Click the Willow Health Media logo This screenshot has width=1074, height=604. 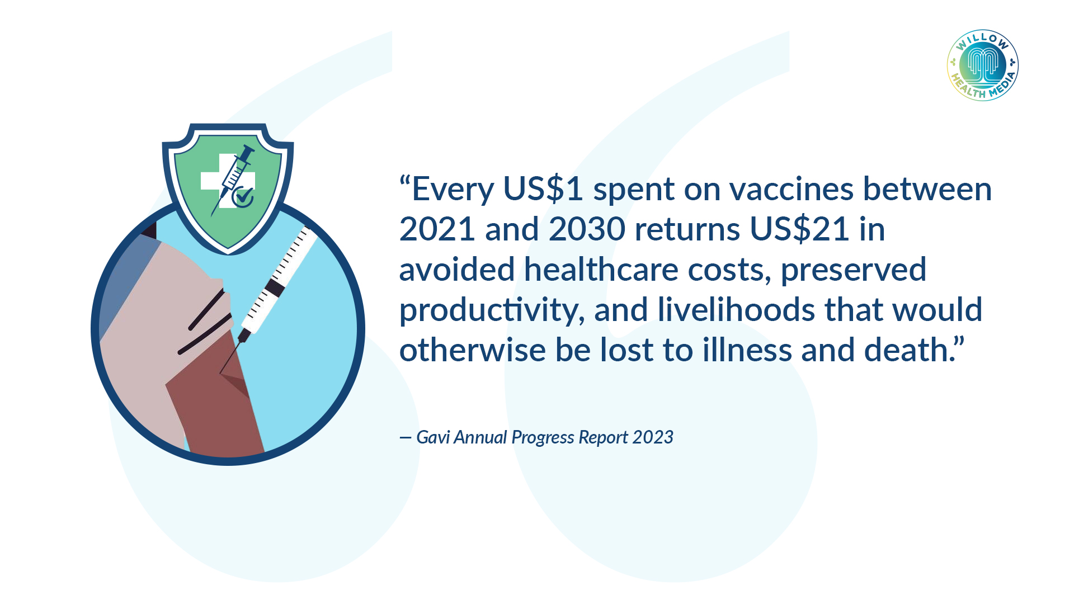(982, 65)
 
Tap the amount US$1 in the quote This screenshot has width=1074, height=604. (543, 188)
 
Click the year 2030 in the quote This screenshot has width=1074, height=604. (587, 229)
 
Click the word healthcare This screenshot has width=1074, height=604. (601, 270)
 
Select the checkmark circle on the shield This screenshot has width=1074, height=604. (243, 197)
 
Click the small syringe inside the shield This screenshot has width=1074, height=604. (232, 180)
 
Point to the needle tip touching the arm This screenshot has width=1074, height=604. (220, 373)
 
